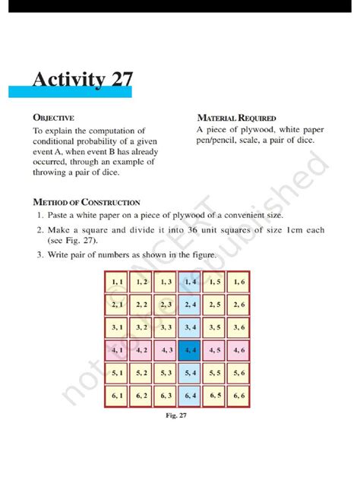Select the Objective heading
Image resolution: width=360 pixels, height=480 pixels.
click(52, 118)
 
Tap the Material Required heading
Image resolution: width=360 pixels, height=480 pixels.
click(236, 118)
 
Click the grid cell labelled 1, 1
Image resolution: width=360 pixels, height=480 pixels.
click(118, 282)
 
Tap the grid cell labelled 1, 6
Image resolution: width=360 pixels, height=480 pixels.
click(239, 282)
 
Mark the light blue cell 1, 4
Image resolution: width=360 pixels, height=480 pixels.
click(191, 282)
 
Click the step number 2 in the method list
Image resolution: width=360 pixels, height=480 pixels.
click(39, 229)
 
